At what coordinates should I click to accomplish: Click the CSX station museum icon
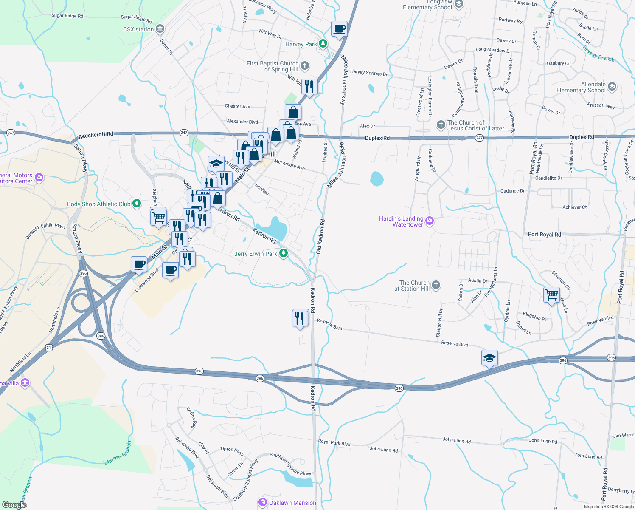pyautogui.click(x=160, y=29)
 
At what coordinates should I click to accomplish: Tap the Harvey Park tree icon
pyautogui.click(x=323, y=44)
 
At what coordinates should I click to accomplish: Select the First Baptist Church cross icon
pyautogui.click(x=305, y=66)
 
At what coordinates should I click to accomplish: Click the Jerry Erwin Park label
pyautogui.click(x=256, y=254)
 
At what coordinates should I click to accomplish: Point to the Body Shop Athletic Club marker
pyautogui.click(x=137, y=204)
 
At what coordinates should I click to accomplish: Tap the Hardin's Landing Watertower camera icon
pyautogui.click(x=430, y=221)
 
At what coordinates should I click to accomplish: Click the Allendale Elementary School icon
pyautogui.click(x=612, y=87)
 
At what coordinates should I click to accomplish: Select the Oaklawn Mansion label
pyautogui.click(x=292, y=503)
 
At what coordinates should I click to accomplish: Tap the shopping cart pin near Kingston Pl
pyautogui.click(x=551, y=294)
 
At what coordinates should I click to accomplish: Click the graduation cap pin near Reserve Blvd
pyautogui.click(x=489, y=357)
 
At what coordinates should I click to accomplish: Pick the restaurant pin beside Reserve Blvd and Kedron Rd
pyautogui.click(x=300, y=318)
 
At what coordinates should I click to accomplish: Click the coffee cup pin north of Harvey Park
pyautogui.click(x=339, y=29)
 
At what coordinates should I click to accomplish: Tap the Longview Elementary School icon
pyautogui.click(x=458, y=4)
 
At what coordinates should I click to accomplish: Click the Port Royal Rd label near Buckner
pyautogui.click(x=544, y=235)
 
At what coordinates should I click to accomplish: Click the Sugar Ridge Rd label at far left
pyautogui.click(x=67, y=16)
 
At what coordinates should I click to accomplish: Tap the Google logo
pyautogui.click(x=14, y=504)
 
